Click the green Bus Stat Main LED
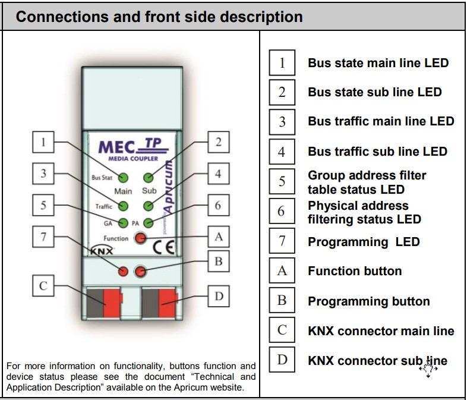tap(124, 178)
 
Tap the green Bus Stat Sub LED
tap(149, 178)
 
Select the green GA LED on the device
tap(124, 223)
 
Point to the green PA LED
tap(149, 223)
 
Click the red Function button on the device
tap(140, 238)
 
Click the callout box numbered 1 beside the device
tap(43, 143)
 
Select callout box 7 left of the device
tap(43, 237)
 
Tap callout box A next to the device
tap(218, 237)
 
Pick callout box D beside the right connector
tap(218, 295)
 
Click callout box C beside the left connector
tap(43, 286)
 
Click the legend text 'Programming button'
tap(368, 301)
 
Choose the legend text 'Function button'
tap(355, 271)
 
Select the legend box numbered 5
tap(282, 181)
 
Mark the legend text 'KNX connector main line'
tap(381, 331)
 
